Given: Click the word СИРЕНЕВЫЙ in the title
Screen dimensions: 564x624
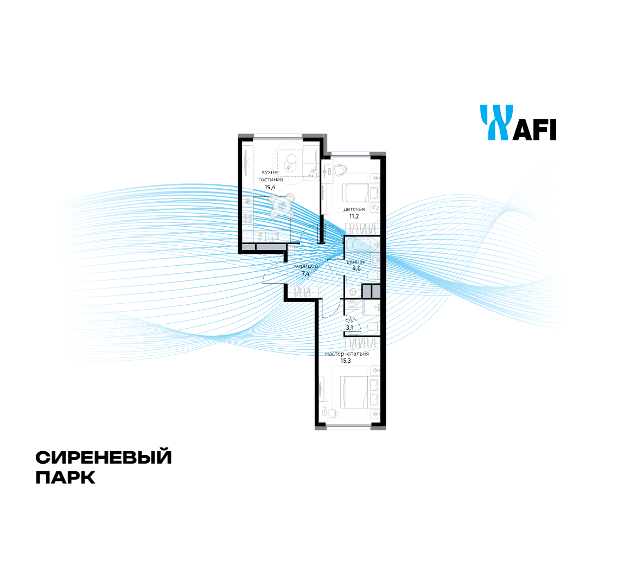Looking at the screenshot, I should point(104,458).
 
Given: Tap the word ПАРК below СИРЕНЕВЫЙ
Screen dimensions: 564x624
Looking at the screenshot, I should point(65,478).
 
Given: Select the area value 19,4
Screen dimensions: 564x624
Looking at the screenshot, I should point(270,187).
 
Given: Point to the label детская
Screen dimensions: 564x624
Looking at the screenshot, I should point(354,209).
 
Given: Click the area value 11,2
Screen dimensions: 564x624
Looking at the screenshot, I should point(354,216).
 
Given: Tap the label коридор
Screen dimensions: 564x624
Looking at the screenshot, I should point(306,266).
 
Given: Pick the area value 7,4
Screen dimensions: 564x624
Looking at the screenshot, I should point(305,274).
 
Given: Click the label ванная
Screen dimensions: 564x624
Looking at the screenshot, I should point(356,262).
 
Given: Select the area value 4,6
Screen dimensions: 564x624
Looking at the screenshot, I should point(356,268).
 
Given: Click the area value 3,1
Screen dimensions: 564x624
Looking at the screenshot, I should point(349,328).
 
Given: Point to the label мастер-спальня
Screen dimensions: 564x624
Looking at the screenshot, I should point(347,354).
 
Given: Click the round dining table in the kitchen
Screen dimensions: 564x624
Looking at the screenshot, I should point(282,206).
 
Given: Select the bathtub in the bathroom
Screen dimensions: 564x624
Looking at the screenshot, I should point(361,245).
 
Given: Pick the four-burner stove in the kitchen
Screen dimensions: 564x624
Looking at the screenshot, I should point(247,219).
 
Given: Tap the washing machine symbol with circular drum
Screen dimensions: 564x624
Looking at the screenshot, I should point(353,292).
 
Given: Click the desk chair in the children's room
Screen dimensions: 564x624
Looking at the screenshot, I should point(340,170).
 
